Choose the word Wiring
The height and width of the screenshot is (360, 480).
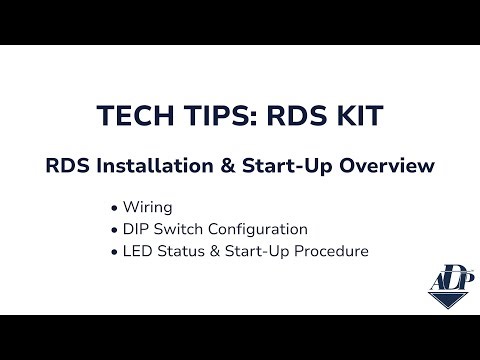point(148,208)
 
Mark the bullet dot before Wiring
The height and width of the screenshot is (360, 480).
point(116,208)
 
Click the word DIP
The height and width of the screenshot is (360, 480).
point(138,229)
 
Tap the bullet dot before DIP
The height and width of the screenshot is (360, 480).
point(116,230)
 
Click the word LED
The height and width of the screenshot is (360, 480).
point(139,251)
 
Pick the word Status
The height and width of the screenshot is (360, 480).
point(182,251)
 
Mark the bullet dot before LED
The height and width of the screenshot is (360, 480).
point(116,251)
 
